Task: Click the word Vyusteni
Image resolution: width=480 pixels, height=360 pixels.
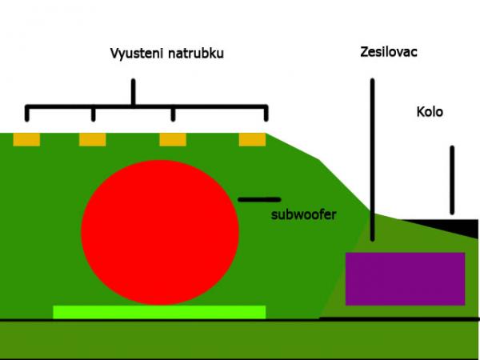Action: coord(136,54)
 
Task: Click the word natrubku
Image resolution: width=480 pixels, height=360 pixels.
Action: coord(194,54)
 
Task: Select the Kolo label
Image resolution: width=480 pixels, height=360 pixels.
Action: coord(430,111)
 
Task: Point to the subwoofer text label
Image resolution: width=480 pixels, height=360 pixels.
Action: coord(303,214)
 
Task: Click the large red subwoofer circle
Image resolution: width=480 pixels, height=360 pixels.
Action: coord(160,232)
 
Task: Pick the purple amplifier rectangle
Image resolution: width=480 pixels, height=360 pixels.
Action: coord(405,278)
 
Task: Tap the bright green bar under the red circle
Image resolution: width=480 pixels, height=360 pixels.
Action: coord(159,312)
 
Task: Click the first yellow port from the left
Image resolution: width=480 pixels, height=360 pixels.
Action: coord(26,139)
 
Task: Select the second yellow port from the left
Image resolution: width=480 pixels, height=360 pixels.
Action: coord(92,139)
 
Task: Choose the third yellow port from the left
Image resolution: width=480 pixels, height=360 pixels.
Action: coord(173,139)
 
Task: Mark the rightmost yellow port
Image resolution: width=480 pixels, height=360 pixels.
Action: coord(252,139)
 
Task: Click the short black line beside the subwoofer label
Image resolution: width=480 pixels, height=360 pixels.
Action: coord(258,198)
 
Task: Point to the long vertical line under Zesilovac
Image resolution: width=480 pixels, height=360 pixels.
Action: coord(372,160)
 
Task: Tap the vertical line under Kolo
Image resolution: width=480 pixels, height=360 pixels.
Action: coord(452,180)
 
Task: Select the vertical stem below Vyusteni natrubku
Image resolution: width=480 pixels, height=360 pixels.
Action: coord(133,92)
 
